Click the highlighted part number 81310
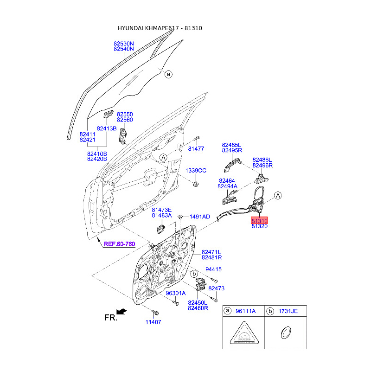259,221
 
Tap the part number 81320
259,227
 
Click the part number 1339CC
196,171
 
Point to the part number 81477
196,148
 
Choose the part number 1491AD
199,217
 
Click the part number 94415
213,269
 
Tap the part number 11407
153,322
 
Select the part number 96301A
175,293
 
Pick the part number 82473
216,288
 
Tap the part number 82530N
124,43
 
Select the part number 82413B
107,128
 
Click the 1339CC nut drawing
196,185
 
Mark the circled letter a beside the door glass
168,74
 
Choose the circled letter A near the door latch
278,196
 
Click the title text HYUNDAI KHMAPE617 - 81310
160,28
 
